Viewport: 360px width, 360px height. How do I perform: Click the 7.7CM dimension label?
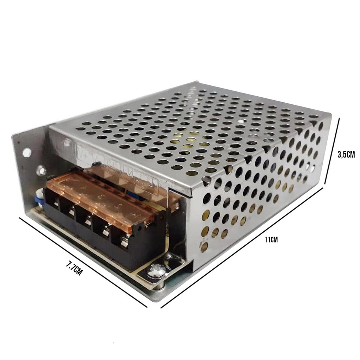74,269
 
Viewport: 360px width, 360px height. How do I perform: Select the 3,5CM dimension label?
346,155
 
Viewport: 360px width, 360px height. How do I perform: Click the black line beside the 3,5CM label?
332,151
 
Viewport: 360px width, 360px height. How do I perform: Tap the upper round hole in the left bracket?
27,152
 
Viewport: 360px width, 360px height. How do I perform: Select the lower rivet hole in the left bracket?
41,171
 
